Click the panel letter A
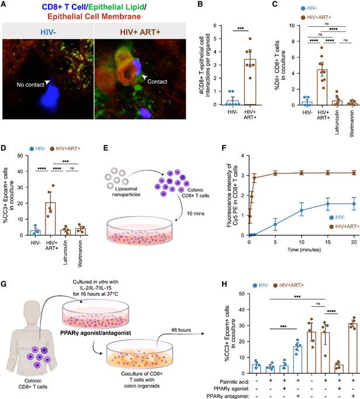tap(5, 5)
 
